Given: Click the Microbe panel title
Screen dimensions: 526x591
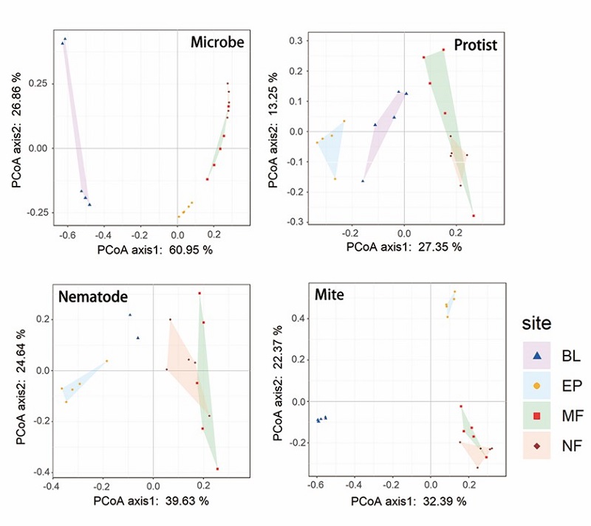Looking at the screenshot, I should [x=216, y=43].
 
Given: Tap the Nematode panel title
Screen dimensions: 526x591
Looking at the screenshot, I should [x=93, y=297].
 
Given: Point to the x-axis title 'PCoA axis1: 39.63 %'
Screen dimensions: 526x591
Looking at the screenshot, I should [x=151, y=502].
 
